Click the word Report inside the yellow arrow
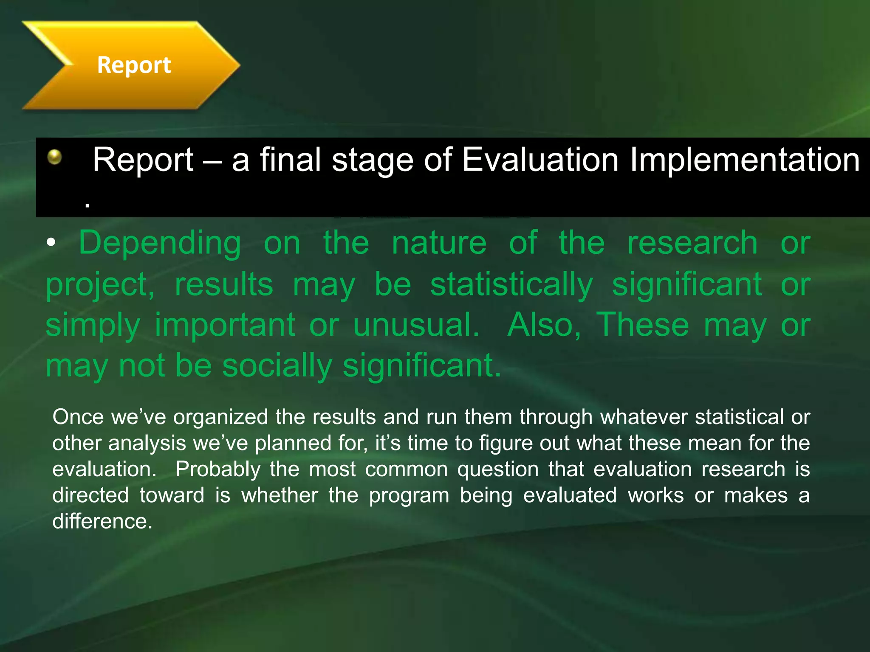134,65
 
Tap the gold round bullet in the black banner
54,157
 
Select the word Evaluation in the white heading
540,160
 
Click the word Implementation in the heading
744,160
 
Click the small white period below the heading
87,205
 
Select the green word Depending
160,243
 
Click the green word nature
439,243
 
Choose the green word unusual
416,325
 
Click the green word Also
544,325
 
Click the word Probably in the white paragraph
217,469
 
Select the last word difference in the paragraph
102,521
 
